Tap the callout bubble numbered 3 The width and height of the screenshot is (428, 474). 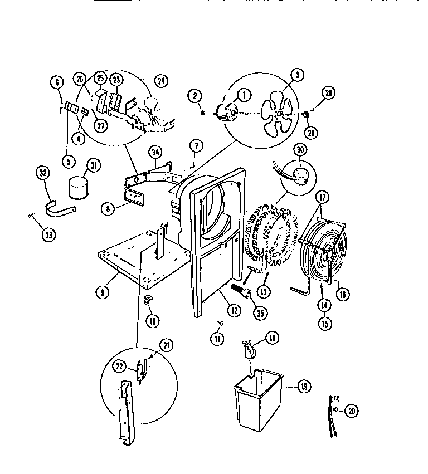298,75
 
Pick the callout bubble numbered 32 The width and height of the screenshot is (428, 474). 43,173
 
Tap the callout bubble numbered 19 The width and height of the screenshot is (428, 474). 304,387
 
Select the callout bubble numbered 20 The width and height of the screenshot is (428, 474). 351,411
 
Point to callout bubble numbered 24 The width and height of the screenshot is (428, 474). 162,81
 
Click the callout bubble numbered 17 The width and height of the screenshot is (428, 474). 322,197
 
